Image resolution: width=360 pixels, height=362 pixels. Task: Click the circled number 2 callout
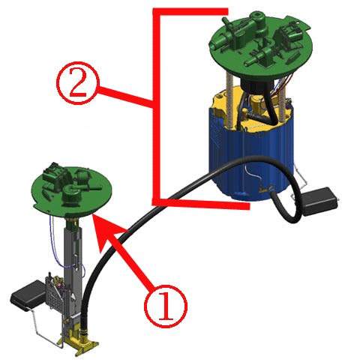click(78, 83)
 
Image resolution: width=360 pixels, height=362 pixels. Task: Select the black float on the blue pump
click(319, 201)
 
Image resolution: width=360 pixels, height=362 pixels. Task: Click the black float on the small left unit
click(28, 295)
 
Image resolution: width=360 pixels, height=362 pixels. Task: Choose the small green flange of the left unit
click(70, 190)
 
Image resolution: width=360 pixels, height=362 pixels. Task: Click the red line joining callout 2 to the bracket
click(125, 95)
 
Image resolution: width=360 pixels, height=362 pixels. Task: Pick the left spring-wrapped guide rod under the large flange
click(229, 97)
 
